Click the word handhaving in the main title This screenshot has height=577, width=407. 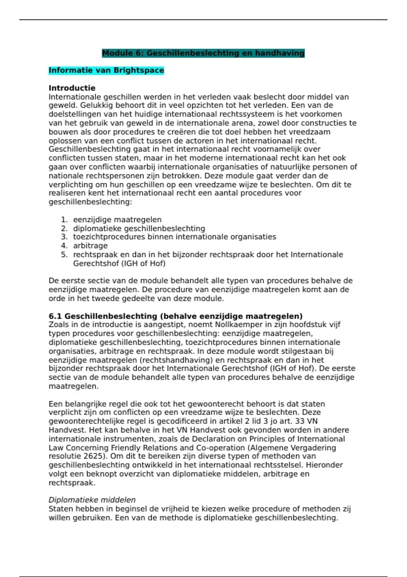[x=280, y=53]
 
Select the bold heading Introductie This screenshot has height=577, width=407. [x=72, y=88]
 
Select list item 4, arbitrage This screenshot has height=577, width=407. [x=90, y=245]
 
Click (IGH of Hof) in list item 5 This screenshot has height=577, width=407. [x=143, y=263]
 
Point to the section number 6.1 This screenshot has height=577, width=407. [x=55, y=316]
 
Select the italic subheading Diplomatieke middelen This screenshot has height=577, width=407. [x=92, y=500]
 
